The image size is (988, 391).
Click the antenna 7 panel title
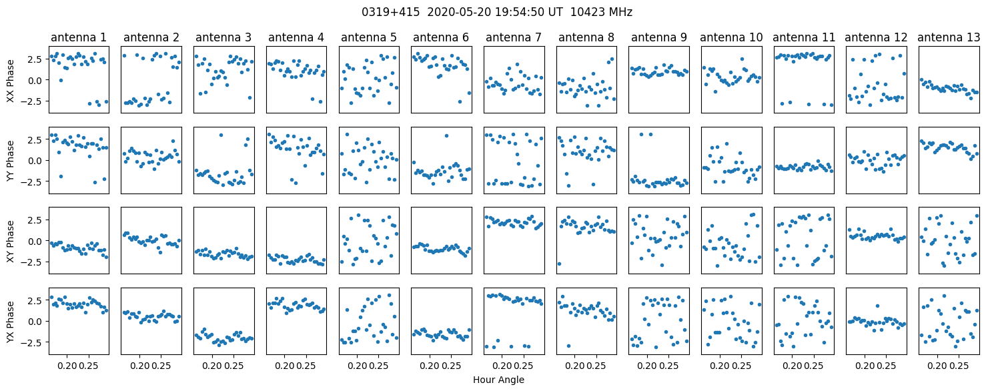[x=514, y=38]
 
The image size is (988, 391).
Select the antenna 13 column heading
[x=949, y=38]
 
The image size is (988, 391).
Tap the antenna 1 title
[x=79, y=38]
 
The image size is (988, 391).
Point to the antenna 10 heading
[x=731, y=38]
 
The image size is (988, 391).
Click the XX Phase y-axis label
[x=11, y=81]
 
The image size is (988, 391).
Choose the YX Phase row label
[x=11, y=322]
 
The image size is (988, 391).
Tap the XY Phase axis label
[x=11, y=242]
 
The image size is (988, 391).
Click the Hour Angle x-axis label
[x=498, y=380]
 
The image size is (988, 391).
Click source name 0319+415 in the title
[x=390, y=13]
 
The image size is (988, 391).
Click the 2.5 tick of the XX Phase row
[x=39, y=59]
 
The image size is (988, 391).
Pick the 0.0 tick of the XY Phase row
[x=39, y=241]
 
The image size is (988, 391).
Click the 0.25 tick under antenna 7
[x=524, y=366]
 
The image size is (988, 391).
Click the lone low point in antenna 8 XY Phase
[x=559, y=264]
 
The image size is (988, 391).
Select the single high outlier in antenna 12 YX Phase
[x=878, y=306]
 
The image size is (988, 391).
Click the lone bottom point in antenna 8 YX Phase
[x=568, y=346]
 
